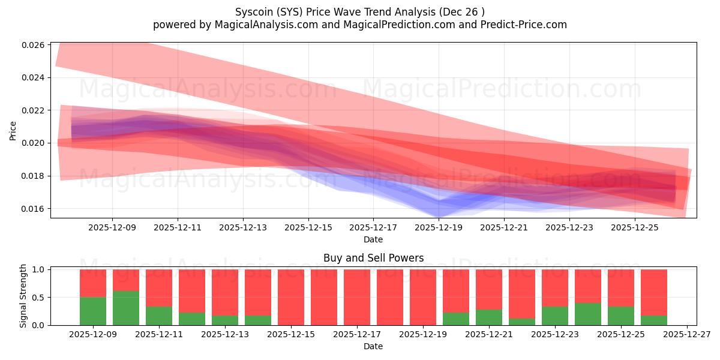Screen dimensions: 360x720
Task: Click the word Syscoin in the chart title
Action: (253, 11)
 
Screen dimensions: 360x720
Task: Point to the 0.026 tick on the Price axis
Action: (33, 45)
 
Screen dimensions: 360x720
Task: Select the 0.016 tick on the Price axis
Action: (33, 209)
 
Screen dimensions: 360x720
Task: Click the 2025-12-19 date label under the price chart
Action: (439, 228)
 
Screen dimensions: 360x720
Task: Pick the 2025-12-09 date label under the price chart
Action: (112, 228)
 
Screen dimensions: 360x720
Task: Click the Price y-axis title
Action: (13, 130)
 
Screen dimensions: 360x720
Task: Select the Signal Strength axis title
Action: (23, 296)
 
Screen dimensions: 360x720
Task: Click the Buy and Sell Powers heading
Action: (373, 258)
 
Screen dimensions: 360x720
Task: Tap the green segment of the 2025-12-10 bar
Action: (126, 308)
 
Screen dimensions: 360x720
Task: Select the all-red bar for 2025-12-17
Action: (357, 297)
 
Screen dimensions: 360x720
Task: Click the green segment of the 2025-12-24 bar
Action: (588, 314)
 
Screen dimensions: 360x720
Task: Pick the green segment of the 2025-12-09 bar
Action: (93, 311)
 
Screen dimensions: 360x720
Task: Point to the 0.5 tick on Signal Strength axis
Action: (38, 298)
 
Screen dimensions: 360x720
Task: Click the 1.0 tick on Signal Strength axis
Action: (38, 270)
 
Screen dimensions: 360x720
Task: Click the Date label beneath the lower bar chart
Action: (373, 346)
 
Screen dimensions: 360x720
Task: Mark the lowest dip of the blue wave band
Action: (439, 215)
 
